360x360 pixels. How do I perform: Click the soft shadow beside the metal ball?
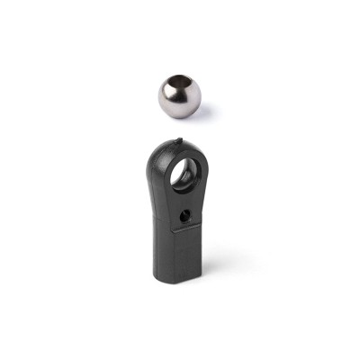click(205, 111)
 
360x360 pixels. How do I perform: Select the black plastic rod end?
click(178, 216)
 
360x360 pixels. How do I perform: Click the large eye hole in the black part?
click(185, 173)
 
